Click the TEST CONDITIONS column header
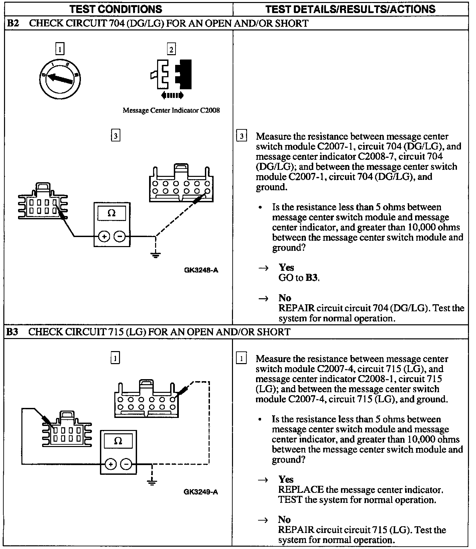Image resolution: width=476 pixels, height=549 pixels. pos(116,9)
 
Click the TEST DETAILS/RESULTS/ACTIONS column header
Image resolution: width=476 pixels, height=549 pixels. pos(350,9)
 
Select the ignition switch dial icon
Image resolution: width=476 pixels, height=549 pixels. pos(60,79)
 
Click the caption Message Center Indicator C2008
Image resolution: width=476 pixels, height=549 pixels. pos(171,110)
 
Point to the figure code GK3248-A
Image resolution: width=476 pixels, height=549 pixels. pos(201,270)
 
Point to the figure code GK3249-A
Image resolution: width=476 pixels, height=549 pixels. pos(201,492)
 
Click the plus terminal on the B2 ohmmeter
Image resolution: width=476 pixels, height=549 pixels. pos(104,237)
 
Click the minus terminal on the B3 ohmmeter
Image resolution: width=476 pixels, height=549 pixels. pos(126,464)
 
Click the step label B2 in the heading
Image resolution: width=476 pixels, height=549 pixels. pos(13,23)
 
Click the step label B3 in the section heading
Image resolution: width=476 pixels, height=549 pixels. pos(12,332)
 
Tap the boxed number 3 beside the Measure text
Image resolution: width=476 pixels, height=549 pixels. pos(241,136)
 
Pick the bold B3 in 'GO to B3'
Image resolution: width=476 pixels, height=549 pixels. pos(312,278)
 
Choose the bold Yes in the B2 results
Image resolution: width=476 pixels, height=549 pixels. pos(286,267)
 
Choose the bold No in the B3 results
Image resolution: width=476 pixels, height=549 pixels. pos(284,519)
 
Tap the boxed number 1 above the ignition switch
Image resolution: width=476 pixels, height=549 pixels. pos(60,50)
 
